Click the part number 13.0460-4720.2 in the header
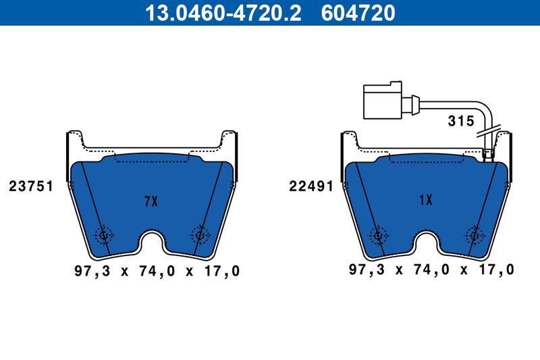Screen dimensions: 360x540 click(x=215, y=12)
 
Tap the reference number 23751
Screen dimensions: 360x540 click(x=31, y=186)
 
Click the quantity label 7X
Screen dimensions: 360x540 click(x=151, y=201)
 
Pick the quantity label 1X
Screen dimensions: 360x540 click(x=425, y=200)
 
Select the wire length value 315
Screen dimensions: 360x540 click(x=462, y=122)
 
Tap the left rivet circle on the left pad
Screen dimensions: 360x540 click(x=104, y=235)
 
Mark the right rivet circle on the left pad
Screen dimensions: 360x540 click(x=200, y=234)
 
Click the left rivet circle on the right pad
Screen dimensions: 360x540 click(x=378, y=234)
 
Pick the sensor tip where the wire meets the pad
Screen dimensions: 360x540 click(x=489, y=155)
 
